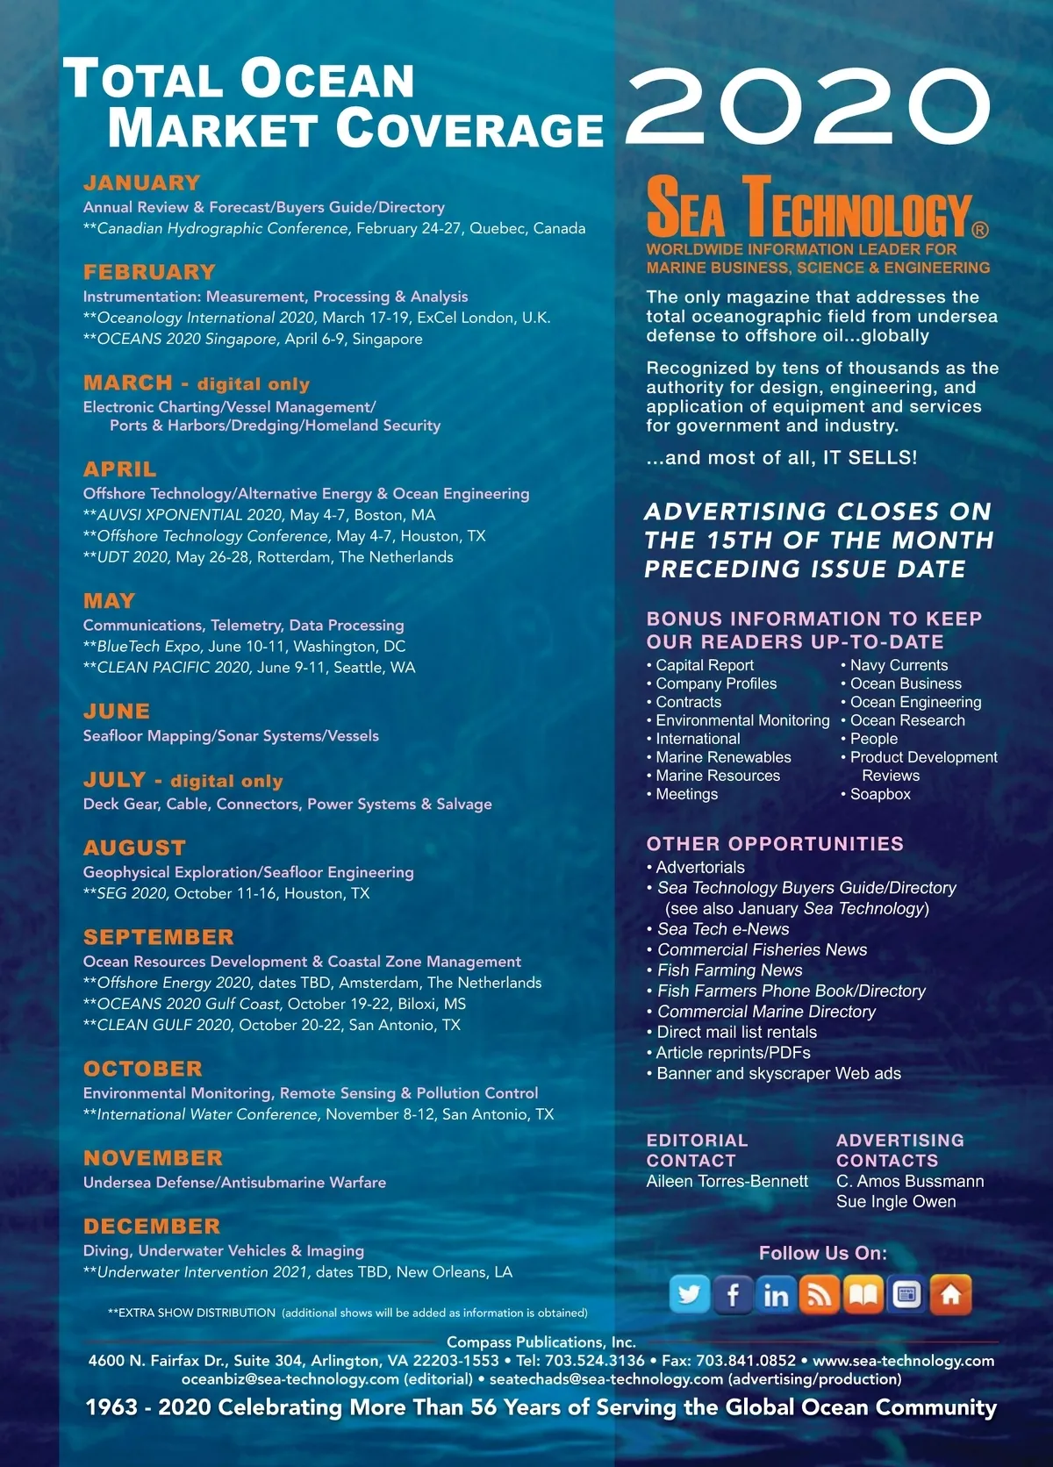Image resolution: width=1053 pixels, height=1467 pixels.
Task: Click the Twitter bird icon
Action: pyautogui.click(x=689, y=1294)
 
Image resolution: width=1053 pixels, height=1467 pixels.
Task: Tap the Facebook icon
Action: pyautogui.click(x=733, y=1294)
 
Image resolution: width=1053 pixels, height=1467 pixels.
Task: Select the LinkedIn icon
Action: pyautogui.click(x=776, y=1295)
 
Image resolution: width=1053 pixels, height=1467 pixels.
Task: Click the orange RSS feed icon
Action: pyautogui.click(x=820, y=1295)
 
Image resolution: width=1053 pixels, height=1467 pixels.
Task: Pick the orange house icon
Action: pyautogui.click(x=950, y=1295)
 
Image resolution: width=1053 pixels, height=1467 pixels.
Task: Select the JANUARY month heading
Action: pyautogui.click(x=142, y=183)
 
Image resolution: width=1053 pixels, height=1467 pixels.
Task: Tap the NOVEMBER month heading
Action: pyautogui.click(x=154, y=1158)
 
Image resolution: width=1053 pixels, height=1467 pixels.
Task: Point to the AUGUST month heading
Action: pyautogui.click(x=135, y=848)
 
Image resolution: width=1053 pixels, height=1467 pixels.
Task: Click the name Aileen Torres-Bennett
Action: pyautogui.click(x=727, y=1181)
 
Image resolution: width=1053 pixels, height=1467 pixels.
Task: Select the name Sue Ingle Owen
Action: pyautogui.click(x=896, y=1201)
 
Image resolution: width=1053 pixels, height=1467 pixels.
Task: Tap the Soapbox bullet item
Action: pyautogui.click(x=880, y=794)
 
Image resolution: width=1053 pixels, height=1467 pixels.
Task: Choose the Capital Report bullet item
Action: pyautogui.click(x=705, y=665)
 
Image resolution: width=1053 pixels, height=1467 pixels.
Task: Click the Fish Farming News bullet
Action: pyautogui.click(x=730, y=970)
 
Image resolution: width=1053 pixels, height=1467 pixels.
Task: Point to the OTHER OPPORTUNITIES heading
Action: pyautogui.click(x=775, y=844)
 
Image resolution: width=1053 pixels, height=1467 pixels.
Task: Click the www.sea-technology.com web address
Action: pyautogui.click(x=903, y=1361)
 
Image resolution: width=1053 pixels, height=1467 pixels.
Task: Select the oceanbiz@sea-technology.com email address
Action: pyautogui.click(x=290, y=1379)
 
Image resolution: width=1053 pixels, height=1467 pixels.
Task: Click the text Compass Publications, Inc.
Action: pyautogui.click(x=541, y=1342)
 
